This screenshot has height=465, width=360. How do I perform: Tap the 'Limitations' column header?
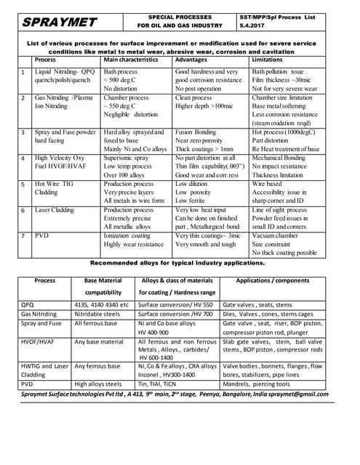tap(271, 60)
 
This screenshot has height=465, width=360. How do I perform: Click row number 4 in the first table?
tap(23, 158)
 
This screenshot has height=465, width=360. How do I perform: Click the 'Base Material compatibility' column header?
tap(103, 286)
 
